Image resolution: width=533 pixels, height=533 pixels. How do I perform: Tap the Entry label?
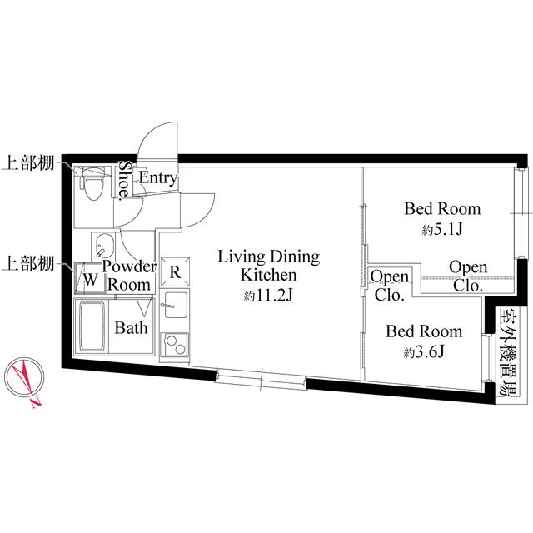(x=157, y=177)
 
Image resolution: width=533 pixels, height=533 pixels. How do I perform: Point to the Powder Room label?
(x=129, y=275)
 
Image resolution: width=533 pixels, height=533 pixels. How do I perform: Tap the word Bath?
(x=131, y=327)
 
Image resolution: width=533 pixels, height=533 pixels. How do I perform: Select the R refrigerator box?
(x=175, y=271)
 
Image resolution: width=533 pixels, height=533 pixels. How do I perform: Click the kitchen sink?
(x=175, y=306)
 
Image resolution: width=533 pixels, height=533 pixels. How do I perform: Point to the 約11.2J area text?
(x=268, y=296)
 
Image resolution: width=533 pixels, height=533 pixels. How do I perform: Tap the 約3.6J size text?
(x=423, y=352)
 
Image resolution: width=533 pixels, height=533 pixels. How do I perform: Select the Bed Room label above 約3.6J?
(x=423, y=331)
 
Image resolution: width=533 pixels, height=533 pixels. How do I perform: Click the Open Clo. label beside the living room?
(x=389, y=285)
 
